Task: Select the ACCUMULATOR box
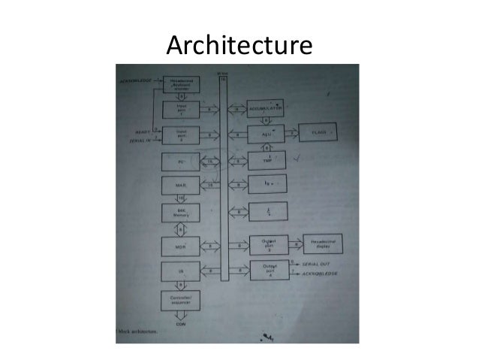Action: pos(267,108)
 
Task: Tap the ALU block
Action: pos(267,133)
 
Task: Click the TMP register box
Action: pos(267,159)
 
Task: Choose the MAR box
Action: pos(181,184)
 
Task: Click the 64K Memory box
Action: pos(181,213)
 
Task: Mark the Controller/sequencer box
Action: pos(181,301)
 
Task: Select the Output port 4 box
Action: pos(267,270)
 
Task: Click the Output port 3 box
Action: pos(267,244)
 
